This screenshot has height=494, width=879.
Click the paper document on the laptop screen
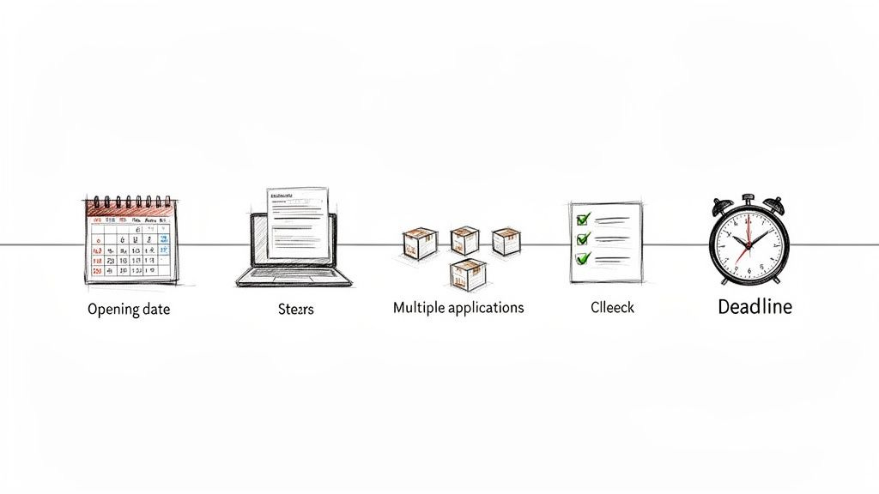point(297,221)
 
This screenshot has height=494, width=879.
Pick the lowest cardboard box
point(468,273)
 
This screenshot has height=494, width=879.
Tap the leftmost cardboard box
point(420,243)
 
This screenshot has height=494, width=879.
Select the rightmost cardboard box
point(506,241)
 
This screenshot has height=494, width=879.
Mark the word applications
point(487,308)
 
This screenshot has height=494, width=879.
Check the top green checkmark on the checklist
point(583,220)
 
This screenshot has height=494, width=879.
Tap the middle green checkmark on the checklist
point(583,239)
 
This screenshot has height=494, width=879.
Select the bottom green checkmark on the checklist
point(583,257)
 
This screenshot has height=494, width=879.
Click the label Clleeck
point(612,306)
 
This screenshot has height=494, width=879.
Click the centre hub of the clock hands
point(748,244)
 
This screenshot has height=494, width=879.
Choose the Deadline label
point(754,307)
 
